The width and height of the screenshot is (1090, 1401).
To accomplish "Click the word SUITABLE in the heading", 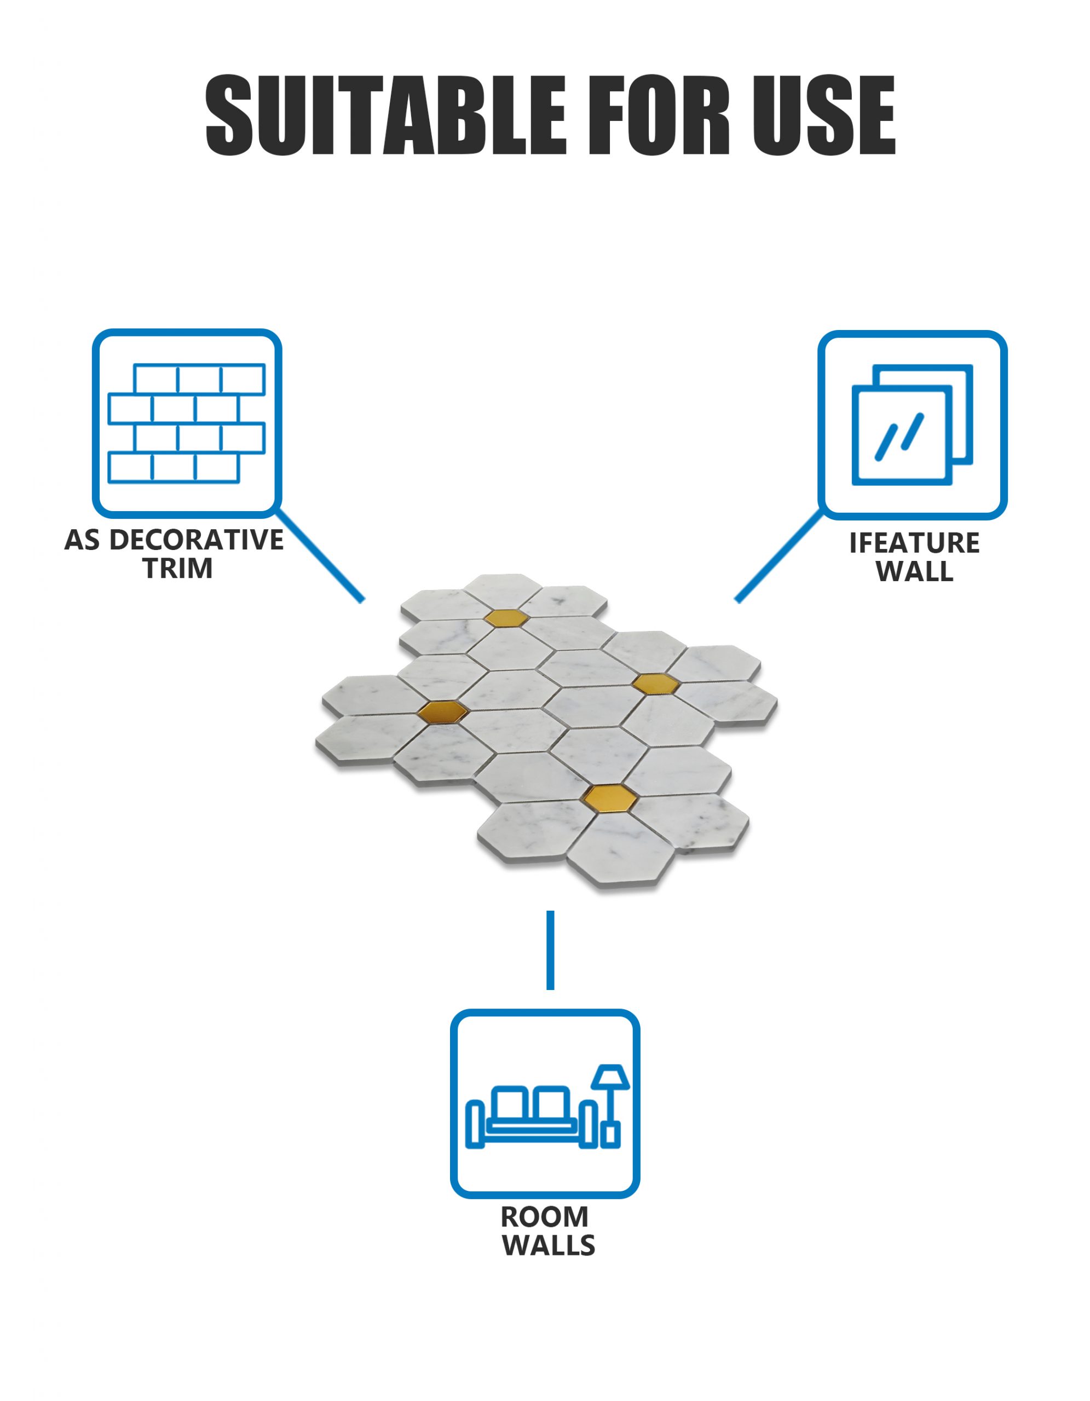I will (x=385, y=115).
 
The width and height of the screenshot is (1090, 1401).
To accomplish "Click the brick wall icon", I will (x=186, y=424).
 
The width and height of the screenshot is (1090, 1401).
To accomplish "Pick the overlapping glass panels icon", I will (x=912, y=425).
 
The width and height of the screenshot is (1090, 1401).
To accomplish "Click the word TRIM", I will (x=178, y=569).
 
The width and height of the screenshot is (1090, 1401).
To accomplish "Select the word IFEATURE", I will (x=914, y=543).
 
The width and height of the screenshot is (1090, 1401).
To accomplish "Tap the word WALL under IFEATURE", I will (x=914, y=571).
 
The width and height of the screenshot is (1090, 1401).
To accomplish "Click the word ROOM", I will (x=544, y=1217).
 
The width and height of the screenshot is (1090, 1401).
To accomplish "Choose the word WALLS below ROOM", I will (x=548, y=1245).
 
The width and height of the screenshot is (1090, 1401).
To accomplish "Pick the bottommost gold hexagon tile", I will (x=610, y=796).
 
